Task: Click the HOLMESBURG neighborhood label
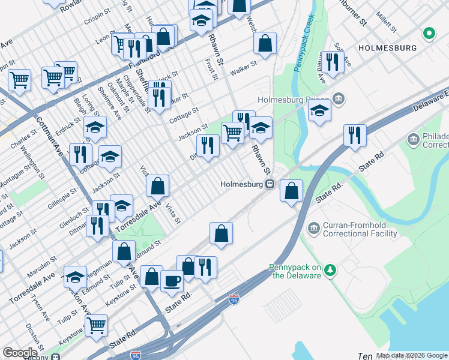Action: tap(386, 47)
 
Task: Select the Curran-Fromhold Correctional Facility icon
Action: tap(313, 228)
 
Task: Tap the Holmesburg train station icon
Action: tap(271, 184)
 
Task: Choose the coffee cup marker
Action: tap(172, 280)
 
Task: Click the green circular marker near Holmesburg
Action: tap(429, 33)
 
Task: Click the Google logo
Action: tap(20, 353)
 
